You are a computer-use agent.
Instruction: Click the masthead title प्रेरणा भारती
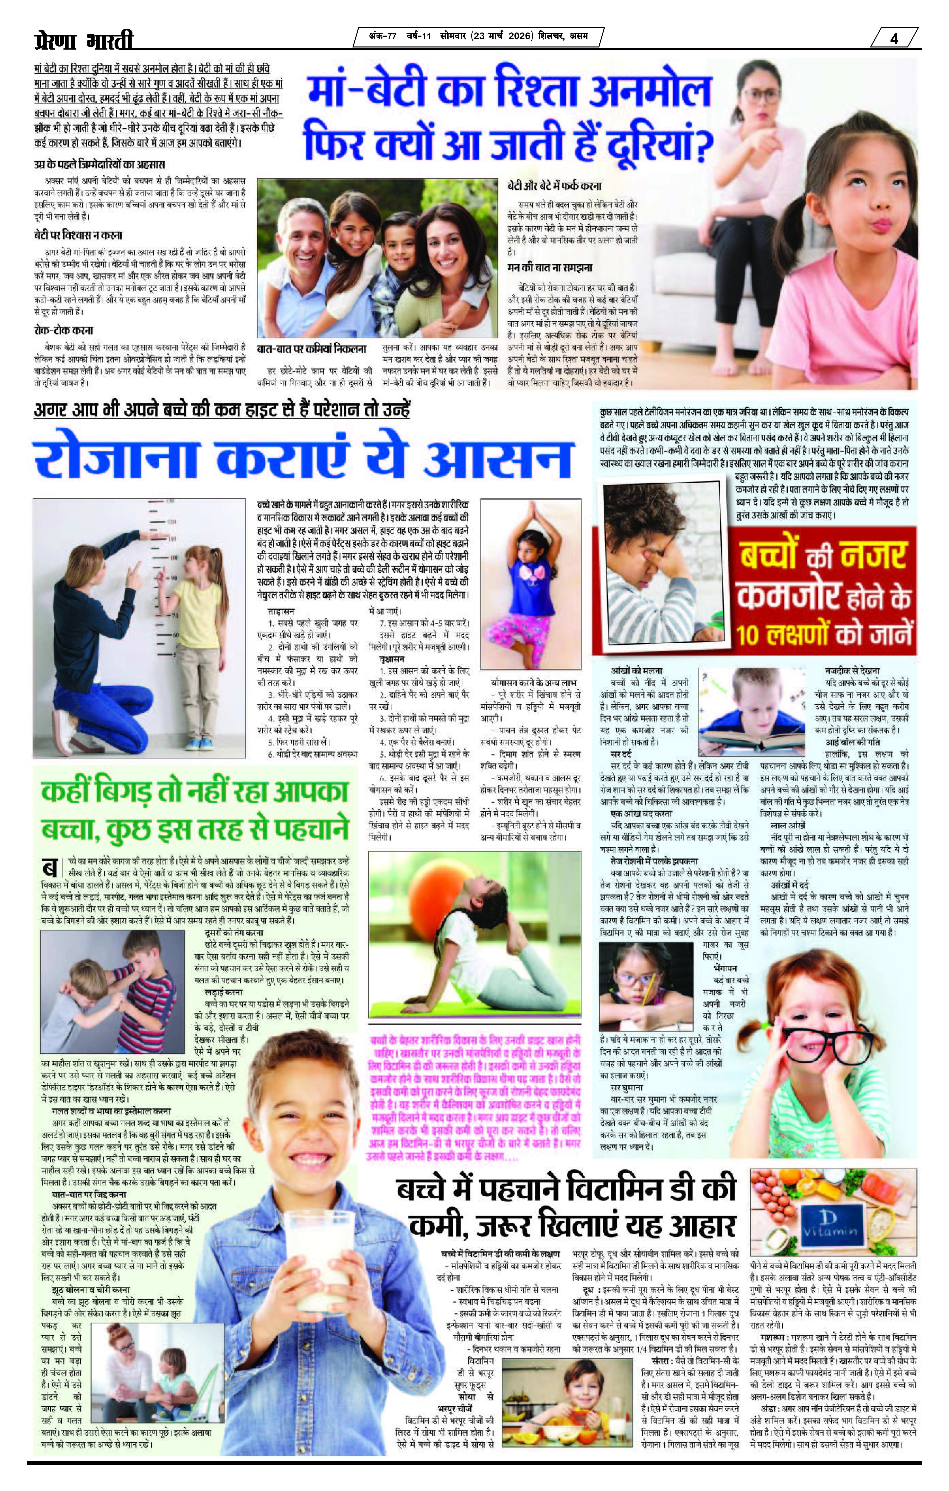coord(84,41)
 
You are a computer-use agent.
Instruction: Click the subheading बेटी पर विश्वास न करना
coord(78,235)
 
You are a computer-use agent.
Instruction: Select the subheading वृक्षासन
coord(391,660)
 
